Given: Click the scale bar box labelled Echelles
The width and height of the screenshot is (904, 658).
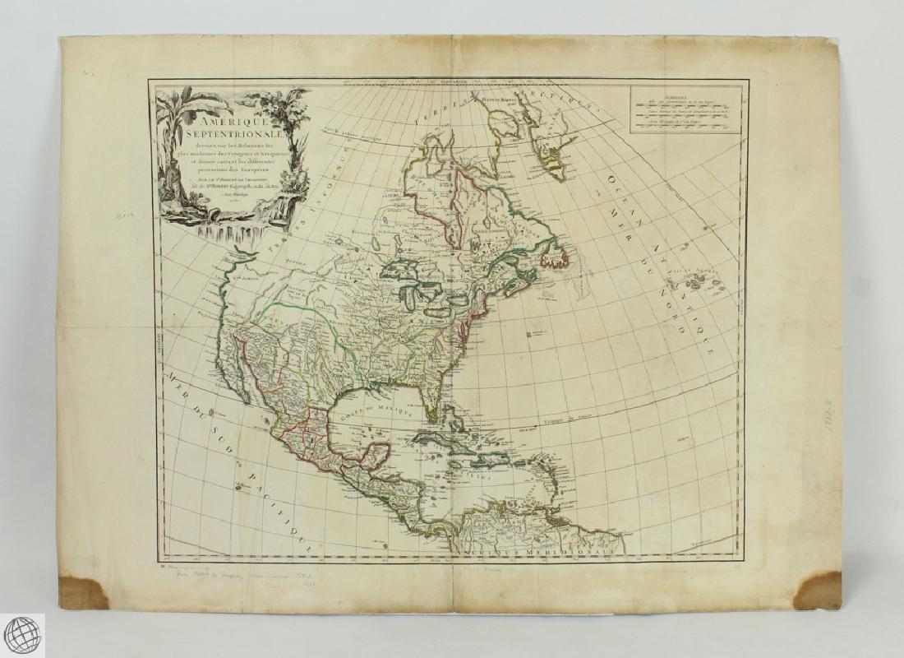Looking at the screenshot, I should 685,109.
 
